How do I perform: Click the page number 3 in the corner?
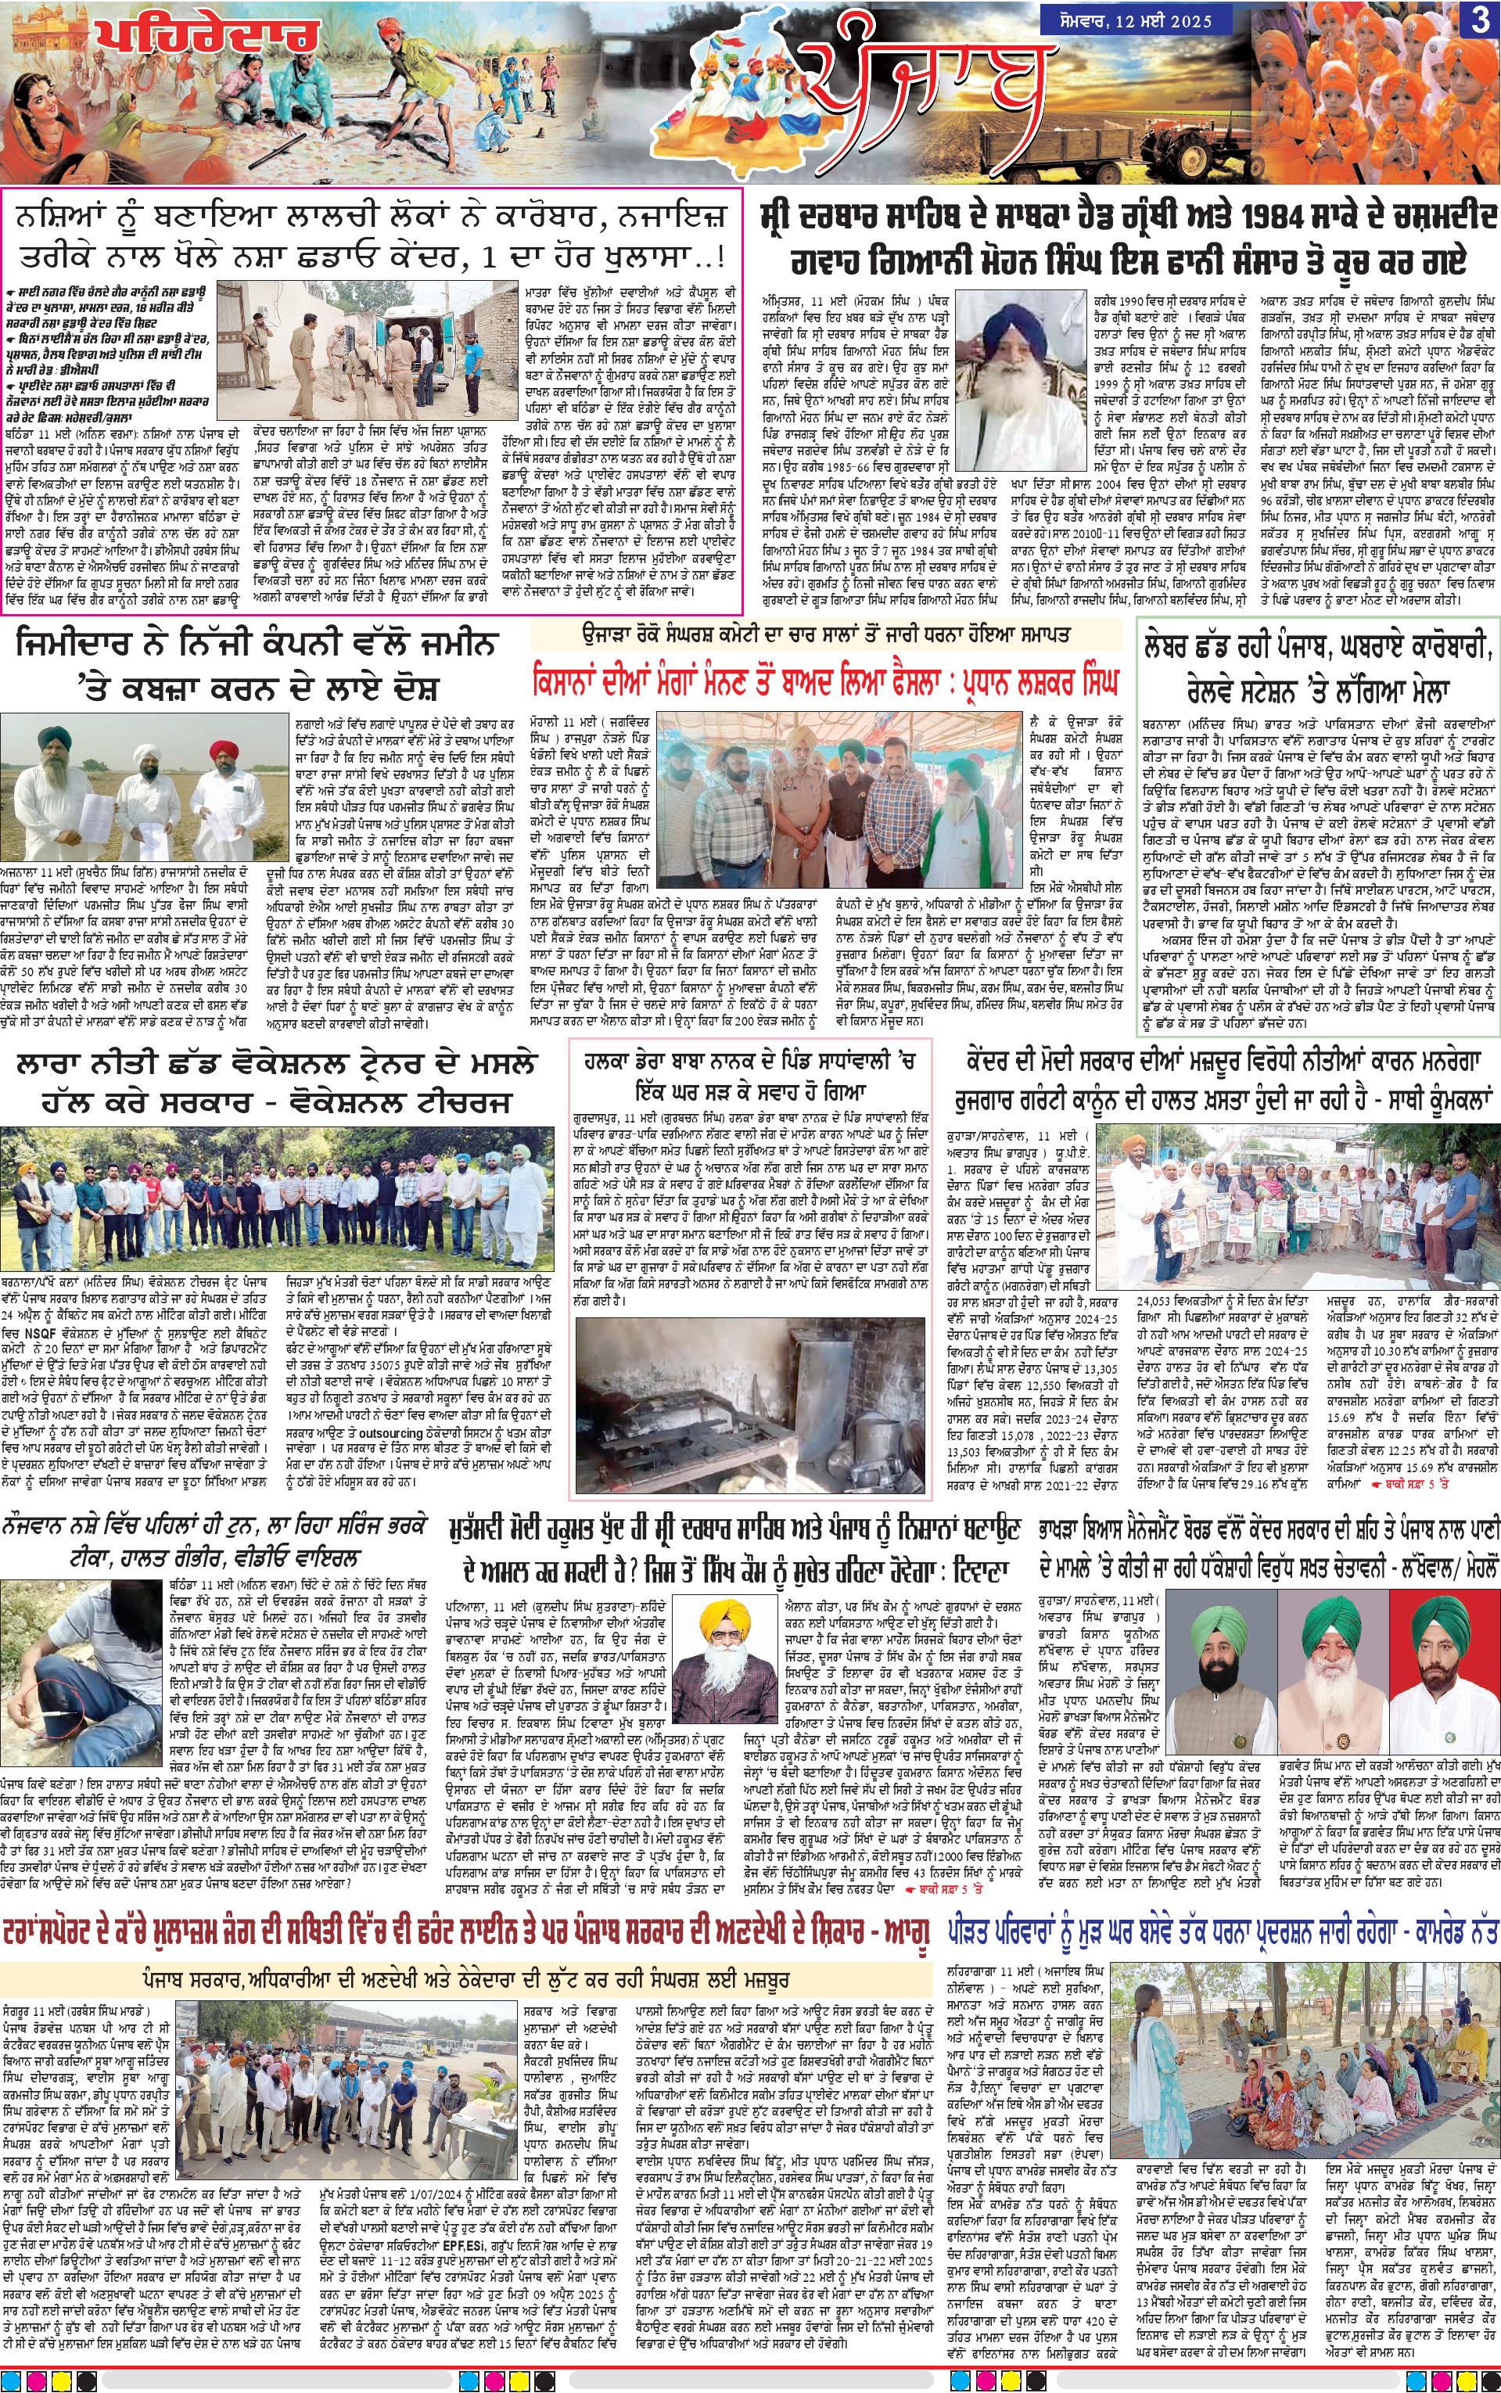point(1478,22)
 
